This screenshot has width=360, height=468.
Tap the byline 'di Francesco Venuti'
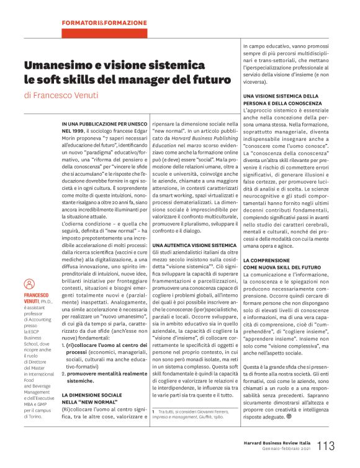(60, 96)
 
